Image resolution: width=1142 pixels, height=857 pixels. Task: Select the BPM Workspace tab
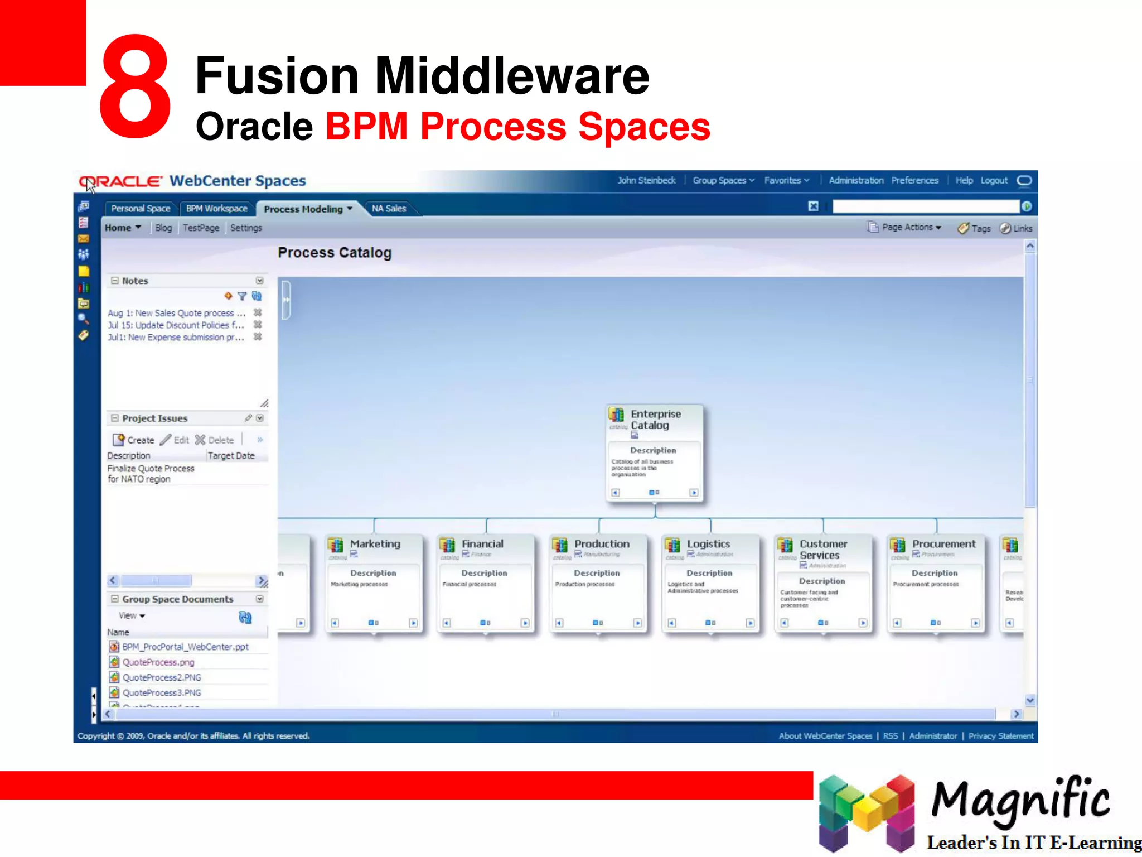[216, 209]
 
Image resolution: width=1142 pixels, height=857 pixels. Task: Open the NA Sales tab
[389, 209]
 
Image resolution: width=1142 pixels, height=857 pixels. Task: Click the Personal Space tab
[141, 209]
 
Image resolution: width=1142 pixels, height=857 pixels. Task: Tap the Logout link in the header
[994, 181]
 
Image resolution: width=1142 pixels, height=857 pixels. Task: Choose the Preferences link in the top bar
[914, 181]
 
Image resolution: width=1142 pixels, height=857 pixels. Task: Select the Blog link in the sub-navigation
[163, 228]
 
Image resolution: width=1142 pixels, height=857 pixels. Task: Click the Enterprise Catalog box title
[655, 420]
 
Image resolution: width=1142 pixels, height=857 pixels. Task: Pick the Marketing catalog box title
[375, 544]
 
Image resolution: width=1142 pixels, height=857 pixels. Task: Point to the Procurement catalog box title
[943, 544]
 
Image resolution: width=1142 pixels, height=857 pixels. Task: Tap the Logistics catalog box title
[708, 544]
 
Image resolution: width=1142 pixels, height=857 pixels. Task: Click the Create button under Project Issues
[134, 440]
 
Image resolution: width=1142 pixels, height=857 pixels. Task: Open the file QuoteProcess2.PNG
[162, 677]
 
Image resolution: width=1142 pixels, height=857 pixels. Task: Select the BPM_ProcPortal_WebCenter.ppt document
[185, 647]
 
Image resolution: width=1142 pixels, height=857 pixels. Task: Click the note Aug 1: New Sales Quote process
[176, 314]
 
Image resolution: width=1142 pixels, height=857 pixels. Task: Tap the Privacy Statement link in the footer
[1001, 736]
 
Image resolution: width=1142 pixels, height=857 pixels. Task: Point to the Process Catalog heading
[335, 253]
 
